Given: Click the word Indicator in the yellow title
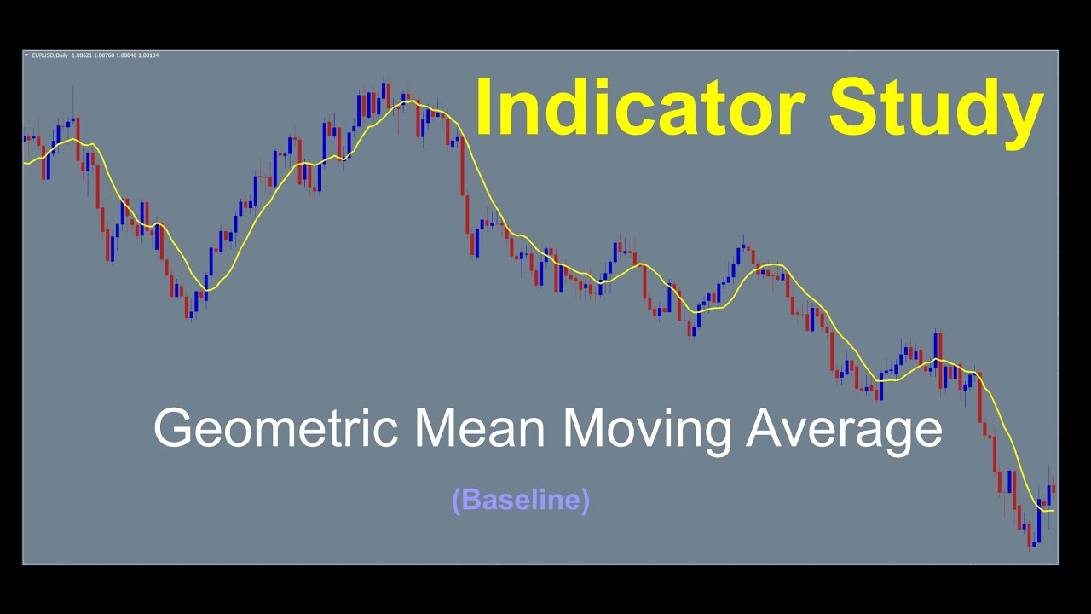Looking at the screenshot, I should coord(640,108).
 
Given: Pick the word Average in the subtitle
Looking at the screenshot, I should coord(845,428).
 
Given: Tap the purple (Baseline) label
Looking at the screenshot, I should coord(521,500).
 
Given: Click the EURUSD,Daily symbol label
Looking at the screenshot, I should coord(50,55).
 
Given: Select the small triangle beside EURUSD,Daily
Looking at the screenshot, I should coord(26,55).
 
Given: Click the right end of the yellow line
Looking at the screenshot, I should coord(1053,510).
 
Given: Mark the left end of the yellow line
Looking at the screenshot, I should coord(25,163).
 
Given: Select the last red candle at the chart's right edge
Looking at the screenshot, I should coord(1053,489).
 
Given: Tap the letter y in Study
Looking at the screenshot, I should coord(1025,115).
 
